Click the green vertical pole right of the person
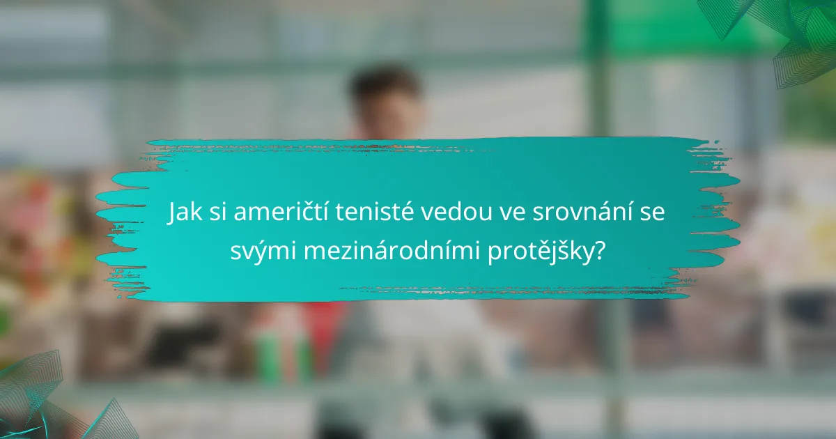click(x=596, y=84)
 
